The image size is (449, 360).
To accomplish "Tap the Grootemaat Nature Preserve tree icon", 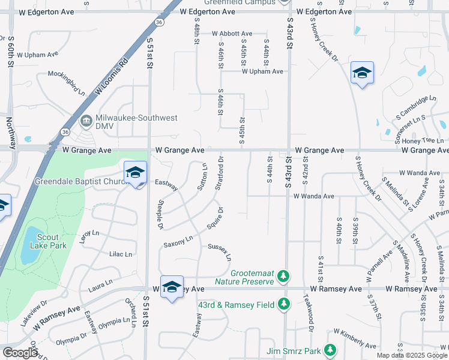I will point(285,276).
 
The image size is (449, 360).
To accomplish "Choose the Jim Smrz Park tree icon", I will point(329,349).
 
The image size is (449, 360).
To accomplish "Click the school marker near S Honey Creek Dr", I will point(362,73).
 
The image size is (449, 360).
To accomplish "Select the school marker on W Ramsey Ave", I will point(171,286).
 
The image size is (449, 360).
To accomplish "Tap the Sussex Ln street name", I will point(219,251).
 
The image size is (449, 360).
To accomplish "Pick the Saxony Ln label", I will point(178,242).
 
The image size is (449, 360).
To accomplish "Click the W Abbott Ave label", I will point(231,34).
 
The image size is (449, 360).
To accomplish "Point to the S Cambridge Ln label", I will point(415,106).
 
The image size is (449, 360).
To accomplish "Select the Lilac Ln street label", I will point(120,254).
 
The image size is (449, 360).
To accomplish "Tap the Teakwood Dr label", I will point(310,316).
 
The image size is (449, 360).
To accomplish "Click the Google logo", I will point(20,353).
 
